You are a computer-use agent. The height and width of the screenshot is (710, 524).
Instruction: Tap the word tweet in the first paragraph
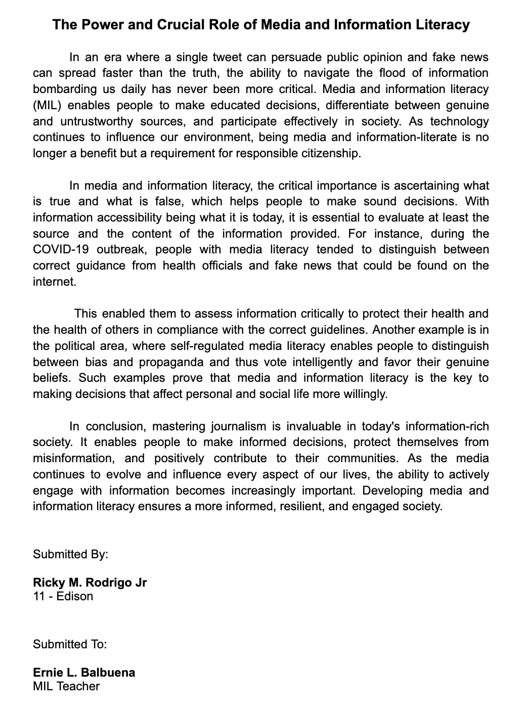[x=227, y=57]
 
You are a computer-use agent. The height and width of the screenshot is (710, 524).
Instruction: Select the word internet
[x=54, y=282]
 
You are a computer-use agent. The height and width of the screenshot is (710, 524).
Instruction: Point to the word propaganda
[x=171, y=362]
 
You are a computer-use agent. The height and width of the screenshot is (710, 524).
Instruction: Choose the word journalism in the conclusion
[x=237, y=426]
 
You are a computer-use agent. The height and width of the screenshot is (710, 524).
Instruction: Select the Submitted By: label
[x=70, y=554]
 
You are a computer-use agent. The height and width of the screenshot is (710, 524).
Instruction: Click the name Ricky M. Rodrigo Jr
[x=90, y=583]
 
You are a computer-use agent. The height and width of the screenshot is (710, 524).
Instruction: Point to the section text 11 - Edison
[x=63, y=596]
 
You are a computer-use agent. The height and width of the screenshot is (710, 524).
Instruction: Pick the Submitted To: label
[x=70, y=644]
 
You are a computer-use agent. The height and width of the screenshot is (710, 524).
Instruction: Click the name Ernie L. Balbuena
[x=84, y=673]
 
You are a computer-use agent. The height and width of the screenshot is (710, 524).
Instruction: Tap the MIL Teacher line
[x=66, y=686]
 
